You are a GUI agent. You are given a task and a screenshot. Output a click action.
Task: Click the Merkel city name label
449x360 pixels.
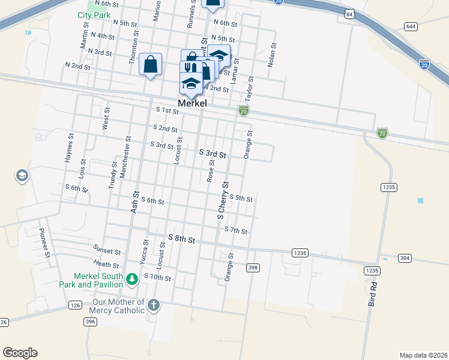coord(192,104)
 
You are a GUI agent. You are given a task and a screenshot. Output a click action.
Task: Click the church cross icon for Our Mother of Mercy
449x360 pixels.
coord(153,305)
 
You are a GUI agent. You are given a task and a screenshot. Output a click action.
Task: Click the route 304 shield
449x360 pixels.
coord(405,258)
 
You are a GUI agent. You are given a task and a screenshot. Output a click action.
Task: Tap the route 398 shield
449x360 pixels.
coord(253,268)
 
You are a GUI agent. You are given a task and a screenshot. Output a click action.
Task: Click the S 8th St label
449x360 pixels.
coord(182,239)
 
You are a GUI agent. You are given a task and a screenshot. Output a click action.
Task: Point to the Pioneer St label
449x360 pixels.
coord(43,243)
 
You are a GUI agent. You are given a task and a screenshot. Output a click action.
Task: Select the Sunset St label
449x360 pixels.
coord(107,250)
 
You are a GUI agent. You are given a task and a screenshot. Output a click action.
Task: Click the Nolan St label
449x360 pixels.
coord(273,54)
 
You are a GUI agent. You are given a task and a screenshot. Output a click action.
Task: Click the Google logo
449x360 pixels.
coord(20,353)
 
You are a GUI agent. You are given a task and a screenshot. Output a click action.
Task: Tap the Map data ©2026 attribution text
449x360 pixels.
coord(423,355)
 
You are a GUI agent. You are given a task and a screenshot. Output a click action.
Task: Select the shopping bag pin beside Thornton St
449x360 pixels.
coord(150,64)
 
